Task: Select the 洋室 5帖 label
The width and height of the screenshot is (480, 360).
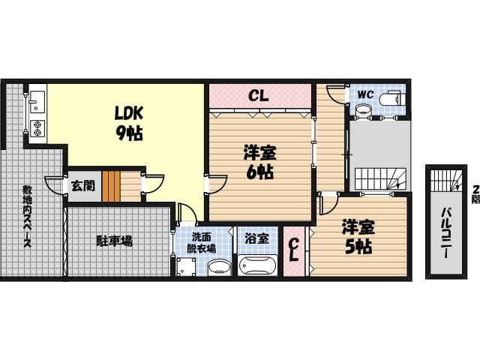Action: pos(358,237)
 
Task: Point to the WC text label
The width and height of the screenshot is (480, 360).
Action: pos(365,94)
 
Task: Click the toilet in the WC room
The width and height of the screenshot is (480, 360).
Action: pos(391,99)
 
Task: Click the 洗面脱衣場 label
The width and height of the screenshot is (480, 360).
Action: pos(202,243)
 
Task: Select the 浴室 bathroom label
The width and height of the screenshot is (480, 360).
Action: pos(256,239)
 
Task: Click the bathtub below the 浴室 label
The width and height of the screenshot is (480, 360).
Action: pos(256,265)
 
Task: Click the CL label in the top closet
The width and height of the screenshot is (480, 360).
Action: pos(259,95)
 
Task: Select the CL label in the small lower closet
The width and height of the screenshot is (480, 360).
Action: pos(295,250)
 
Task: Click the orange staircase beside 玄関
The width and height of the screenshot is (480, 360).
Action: pos(112,186)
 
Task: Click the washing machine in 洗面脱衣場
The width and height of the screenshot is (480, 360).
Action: pos(185,266)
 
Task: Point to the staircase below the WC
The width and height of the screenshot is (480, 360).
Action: pos(379,179)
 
